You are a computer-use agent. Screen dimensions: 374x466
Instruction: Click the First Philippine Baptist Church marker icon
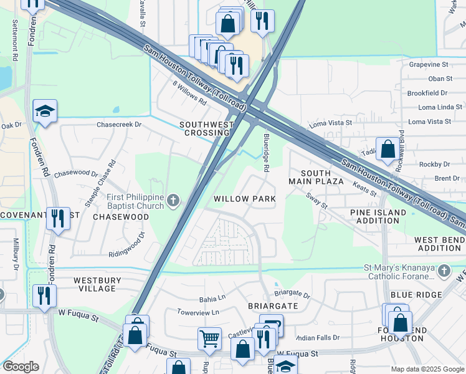pos(174,200)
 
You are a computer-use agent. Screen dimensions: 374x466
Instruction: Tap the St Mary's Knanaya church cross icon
pos(444,271)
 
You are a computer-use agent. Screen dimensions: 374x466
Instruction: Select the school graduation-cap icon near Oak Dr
pos(45,112)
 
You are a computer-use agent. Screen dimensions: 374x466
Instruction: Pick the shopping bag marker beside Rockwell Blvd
pos(388,150)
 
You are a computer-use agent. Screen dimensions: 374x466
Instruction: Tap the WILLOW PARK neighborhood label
pos(244,199)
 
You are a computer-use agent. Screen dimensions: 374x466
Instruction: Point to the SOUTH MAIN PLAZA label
pos(316,176)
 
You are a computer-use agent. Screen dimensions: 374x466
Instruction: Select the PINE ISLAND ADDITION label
pos(378,217)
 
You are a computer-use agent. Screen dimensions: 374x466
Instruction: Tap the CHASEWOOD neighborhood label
pos(121,217)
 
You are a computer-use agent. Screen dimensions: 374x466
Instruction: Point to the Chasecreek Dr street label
pos(119,125)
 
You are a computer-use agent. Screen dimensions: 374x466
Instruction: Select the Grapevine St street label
pos(429,64)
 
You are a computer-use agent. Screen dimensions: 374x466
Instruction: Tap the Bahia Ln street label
pos(212,299)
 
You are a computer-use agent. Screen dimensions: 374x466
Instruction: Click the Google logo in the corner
pos(21,367)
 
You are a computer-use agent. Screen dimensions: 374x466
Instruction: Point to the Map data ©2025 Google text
pos(427,369)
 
